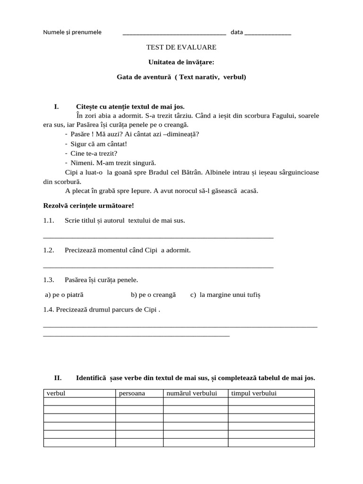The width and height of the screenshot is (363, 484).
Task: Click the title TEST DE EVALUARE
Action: click(x=181, y=47)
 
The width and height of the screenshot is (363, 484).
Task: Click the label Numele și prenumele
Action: click(x=72, y=32)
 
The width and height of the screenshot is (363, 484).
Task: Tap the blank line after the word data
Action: click(x=268, y=33)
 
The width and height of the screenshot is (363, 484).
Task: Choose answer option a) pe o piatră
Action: click(x=64, y=294)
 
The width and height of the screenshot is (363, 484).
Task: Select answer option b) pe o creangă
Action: click(x=153, y=294)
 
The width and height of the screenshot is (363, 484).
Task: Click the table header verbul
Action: click(x=56, y=393)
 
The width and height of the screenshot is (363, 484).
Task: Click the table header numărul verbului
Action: click(x=191, y=393)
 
